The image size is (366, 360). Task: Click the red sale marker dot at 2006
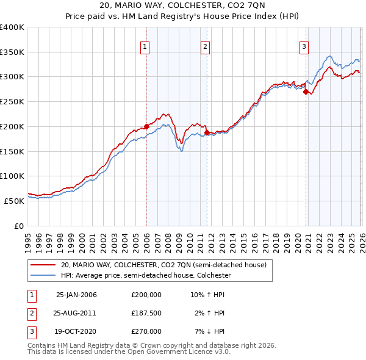coord(146,127)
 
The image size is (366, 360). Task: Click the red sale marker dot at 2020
coord(306,92)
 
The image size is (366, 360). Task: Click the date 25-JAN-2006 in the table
coord(76,295)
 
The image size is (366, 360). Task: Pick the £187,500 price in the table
coord(146,313)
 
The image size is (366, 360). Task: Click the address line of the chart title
coord(183,6)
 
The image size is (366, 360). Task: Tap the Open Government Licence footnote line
coord(129,352)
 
